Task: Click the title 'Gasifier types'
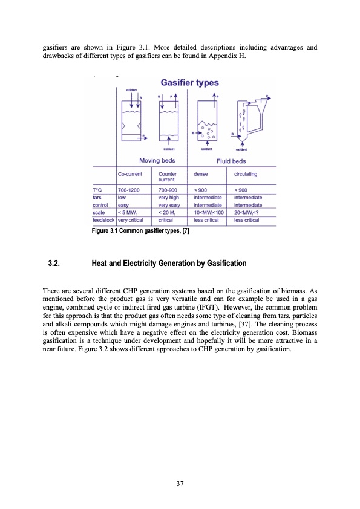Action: click(x=189, y=83)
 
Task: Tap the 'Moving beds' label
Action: click(x=157, y=160)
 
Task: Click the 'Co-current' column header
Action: click(x=130, y=174)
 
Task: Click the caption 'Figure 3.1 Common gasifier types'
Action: click(x=140, y=232)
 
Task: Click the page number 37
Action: click(x=180, y=484)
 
